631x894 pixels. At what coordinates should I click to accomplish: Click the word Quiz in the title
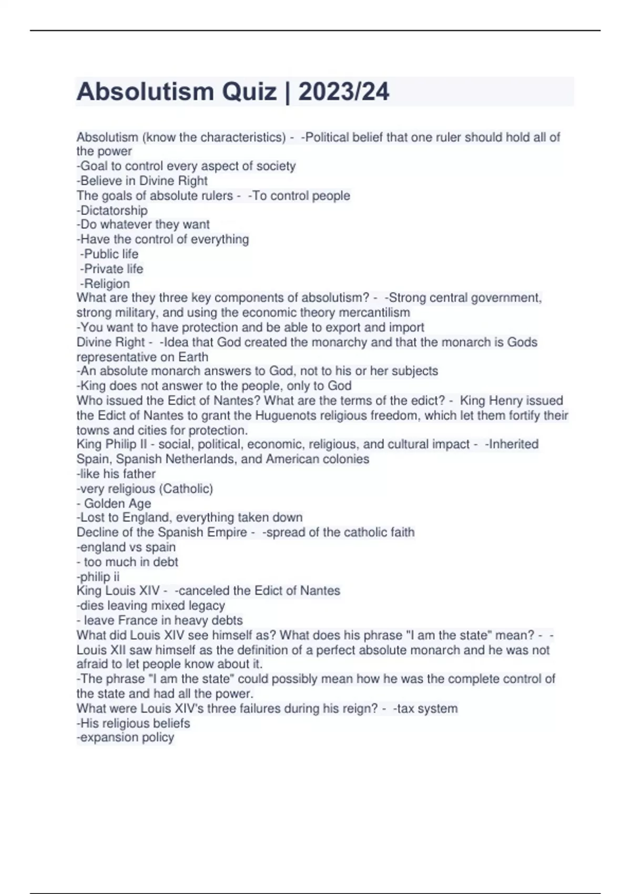click(249, 92)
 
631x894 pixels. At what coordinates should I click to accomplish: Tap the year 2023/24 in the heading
click(344, 92)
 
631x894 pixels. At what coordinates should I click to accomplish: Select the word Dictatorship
click(114, 210)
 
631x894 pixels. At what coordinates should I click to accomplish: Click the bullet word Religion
click(107, 283)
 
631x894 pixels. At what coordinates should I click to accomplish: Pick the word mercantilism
click(375, 312)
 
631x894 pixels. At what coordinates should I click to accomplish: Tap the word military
click(134, 312)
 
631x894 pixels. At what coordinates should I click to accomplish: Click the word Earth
click(193, 357)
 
